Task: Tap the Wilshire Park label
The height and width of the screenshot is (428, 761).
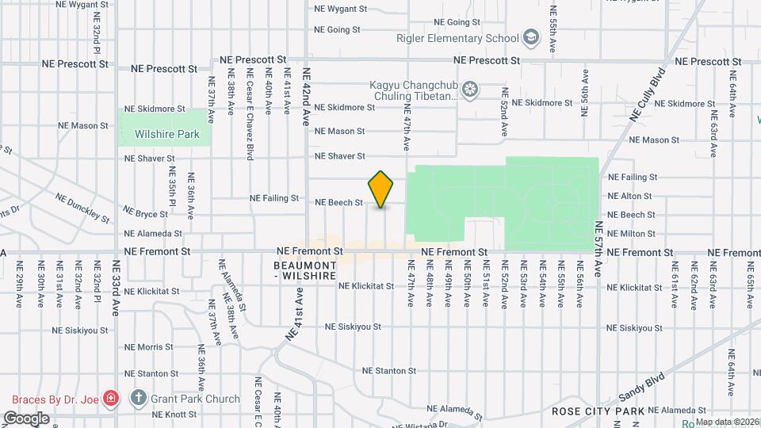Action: pos(166,134)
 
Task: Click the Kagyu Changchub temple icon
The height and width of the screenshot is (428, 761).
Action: pos(470,90)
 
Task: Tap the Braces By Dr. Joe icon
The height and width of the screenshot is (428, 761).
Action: pos(112,399)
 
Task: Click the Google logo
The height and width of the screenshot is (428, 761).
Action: pos(26,418)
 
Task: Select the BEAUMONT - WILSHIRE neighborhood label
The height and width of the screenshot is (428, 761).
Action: pos(305,269)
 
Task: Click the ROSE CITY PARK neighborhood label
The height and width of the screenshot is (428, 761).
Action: pos(598,411)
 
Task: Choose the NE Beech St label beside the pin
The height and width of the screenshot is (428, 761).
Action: pos(338,203)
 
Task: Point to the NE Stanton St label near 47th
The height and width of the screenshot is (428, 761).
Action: pos(388,370)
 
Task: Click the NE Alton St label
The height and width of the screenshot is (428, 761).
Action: pos(630,197)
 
